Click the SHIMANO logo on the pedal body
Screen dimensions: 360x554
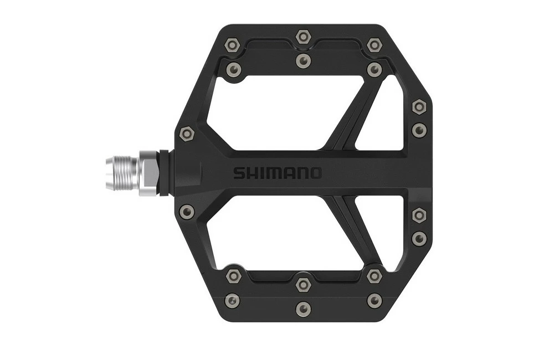tap(276, 173)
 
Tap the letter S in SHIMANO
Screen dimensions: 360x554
tap(238, 173)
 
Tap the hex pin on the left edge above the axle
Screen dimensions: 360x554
tap(187, 133)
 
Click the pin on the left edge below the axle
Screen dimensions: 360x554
tap(187, 211)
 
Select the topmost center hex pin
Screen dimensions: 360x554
tap(302, 37)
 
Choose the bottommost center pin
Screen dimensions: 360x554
tap(302, 308)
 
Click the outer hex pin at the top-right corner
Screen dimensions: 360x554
tap(375, 44)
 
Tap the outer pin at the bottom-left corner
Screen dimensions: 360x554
tap(231, 300)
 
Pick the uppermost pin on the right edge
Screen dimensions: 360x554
tap(419, 106)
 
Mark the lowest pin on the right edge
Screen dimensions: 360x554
tap(419, 238)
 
